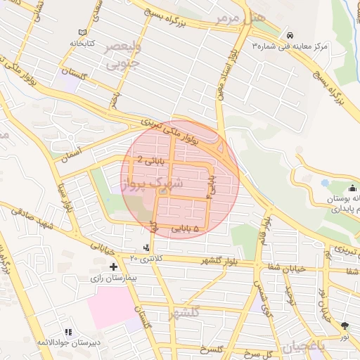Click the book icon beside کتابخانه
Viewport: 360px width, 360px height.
point(84,33)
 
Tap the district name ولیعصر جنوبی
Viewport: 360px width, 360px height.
point(124,56)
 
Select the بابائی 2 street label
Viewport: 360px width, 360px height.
point(153,160)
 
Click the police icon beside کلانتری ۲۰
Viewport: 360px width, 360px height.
point(146,247)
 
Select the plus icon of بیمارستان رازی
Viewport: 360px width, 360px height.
point(113,266)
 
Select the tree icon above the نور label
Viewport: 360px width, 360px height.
point(345,325)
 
